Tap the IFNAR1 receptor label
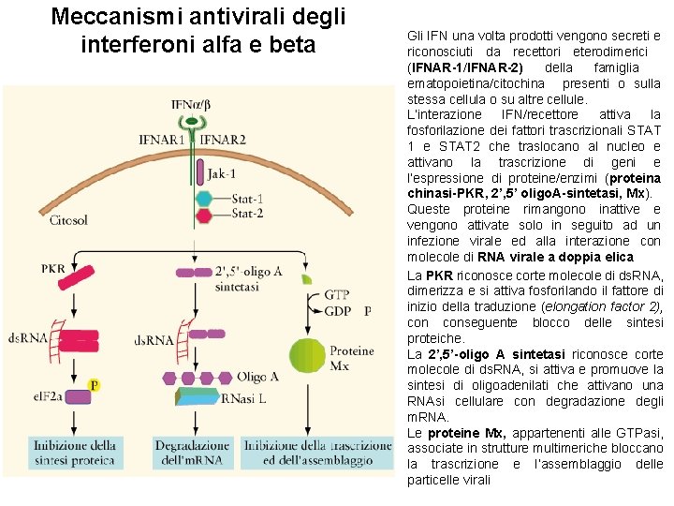coord(163,141)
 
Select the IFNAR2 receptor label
coord(224,141)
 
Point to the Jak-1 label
coord(221,173)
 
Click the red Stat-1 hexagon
coord(203,199)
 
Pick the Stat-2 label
coord(247,214)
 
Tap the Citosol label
coord(68,222)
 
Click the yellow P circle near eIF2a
coord(94,384)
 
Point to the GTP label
coord(337,295)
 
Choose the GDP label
coord(337,310)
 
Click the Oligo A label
coord(257,376)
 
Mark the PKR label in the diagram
coord(53,269)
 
